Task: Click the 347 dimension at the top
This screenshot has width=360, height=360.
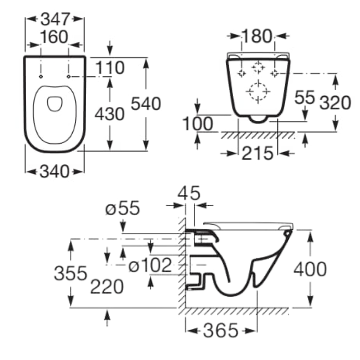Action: pyautogui.click(x=55, y=19)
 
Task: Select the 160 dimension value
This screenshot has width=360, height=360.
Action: pyautogui.click(x=54, y=37)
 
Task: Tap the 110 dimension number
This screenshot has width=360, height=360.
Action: pyautogui.click(x=110, y=68)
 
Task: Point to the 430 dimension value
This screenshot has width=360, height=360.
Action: pyautogui.click(x=110, y=114)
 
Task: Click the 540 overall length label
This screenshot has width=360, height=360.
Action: pyautogui.click(x=146, y=104)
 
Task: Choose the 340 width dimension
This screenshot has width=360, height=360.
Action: pyautogui.click(x=54, y=171)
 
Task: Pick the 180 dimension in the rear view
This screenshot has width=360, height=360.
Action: pyautogui.click(x=257, y=36)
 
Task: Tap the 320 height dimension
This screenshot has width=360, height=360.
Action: pyautogui.click(x=335, y=103)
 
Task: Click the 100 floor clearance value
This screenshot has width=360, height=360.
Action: pyautogui.click(x=198, y=124)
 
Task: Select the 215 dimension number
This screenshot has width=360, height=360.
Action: pyautogui.click(x=258, y=153)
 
